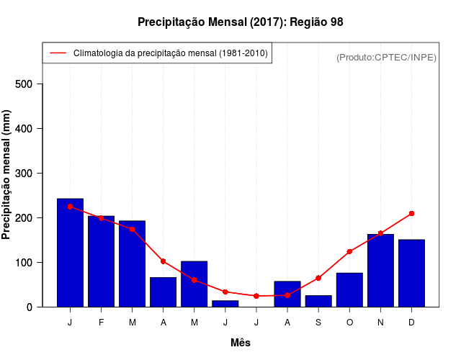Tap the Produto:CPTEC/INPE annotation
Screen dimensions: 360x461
386,57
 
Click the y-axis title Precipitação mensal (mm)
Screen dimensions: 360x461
7,175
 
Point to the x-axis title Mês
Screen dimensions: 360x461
241,343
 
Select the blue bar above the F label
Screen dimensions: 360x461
101,261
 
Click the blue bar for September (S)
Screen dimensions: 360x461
318,301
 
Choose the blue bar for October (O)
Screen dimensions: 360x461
349,289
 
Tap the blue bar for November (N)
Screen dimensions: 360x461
380,271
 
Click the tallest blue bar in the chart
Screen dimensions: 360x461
70,253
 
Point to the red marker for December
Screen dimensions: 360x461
411,214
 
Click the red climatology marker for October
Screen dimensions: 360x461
349,251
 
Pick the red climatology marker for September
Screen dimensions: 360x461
318,278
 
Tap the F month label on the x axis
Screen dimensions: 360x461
101,322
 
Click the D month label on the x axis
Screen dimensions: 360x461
411,322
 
